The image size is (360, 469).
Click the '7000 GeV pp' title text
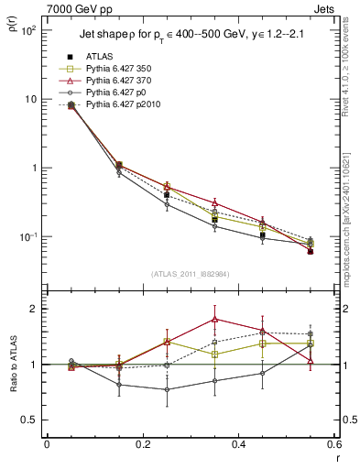click(74, 9)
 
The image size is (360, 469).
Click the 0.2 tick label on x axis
click(142, 445)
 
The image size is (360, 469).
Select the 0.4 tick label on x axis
click(238, 445)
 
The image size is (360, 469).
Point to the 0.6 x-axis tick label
click(333, 445)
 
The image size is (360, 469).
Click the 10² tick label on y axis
click(27, 30)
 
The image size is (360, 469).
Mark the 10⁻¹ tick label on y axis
click(27, 237)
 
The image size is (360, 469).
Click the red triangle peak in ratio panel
click(214, 319)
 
